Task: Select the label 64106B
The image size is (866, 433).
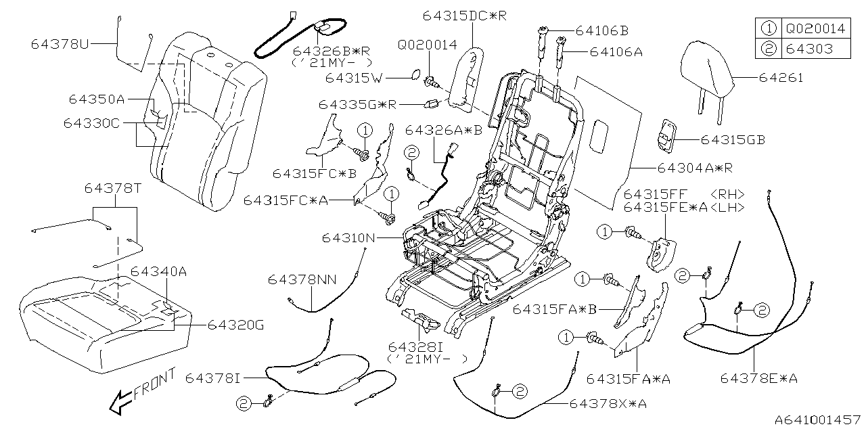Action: coord(601,30)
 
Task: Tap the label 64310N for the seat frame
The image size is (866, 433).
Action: coord(349,238)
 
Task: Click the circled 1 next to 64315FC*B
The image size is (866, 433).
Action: coord(365,130)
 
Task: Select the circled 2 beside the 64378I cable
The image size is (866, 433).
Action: coord(243,403)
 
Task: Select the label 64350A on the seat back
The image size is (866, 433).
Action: coord(96,99)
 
